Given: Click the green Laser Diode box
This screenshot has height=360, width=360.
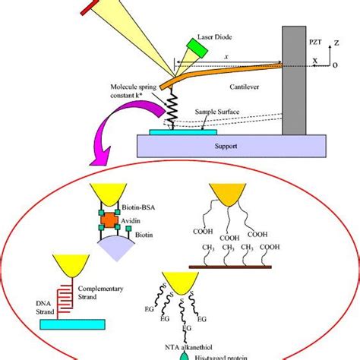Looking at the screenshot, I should click(x=200, y=47).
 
